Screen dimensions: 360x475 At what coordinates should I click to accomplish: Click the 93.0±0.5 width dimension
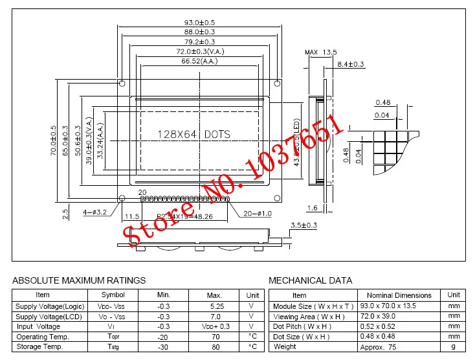tap(200, 23)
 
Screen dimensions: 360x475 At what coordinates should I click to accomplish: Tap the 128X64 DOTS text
tap(194, 135)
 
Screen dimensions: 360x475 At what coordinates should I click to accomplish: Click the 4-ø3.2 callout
tap(95, 211)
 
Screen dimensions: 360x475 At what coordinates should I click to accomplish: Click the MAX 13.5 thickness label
tap(321, 52)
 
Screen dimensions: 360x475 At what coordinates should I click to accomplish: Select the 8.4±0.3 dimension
tap(351, 64)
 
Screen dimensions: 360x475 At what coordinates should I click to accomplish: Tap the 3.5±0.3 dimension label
tap(304, 225)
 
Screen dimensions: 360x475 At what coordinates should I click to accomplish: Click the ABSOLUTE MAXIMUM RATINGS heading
tap(80, 280)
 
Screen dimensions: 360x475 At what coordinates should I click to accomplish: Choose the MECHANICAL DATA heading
tap(311, 280)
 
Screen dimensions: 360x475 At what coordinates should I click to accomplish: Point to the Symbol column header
tap(113, 295)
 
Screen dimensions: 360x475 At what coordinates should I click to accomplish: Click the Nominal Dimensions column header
tap(399, 295)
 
